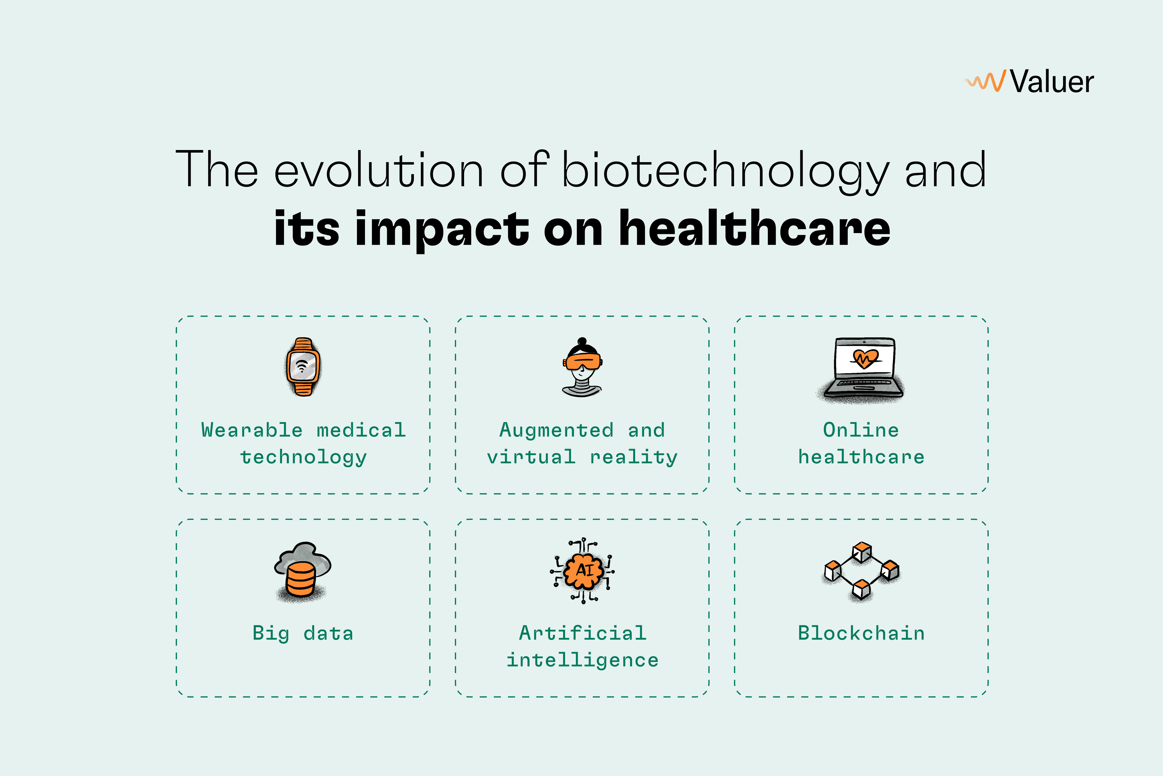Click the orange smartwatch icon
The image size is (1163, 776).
[303, 367]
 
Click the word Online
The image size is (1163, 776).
[861, 430]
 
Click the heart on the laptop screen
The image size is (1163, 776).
[865, 358]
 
